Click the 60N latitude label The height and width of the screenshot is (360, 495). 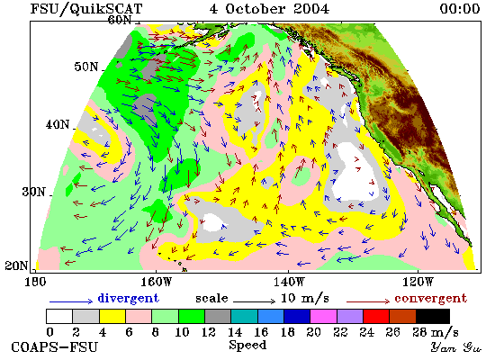(x=120, y=20)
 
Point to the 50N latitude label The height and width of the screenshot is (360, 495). (x=86, y=67)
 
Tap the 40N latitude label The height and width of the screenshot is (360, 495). (x=58, y=124)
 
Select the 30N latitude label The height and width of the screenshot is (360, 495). (x=34, y=192)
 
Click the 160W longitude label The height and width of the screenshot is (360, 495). (x=156, y=282)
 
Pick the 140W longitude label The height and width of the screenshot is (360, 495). (x=289, y=282)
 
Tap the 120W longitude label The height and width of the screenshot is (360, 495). (x=418, y=282)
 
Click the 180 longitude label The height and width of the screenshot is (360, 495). (x=35, y=282)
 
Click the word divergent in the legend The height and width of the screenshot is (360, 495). (x=128, y=298)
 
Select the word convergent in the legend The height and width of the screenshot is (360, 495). (x=430, y=298)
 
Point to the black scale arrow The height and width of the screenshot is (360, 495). (x=255, y=301)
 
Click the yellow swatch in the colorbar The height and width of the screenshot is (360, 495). (x=112, y=317)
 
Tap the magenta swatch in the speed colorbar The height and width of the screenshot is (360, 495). (x=324, y=317)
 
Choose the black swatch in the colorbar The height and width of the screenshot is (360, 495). (x=433, y=317)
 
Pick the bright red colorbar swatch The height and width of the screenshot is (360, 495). (x=376, y=317)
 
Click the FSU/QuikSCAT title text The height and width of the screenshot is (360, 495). (x=86, y=9)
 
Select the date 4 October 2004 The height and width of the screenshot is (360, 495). (x=269, y=9)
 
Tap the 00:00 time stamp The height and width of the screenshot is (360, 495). (x=460, y=9)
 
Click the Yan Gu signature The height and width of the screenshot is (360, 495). (x=455, y=347)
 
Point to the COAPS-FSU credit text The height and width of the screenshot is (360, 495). (x=54, y=347)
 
